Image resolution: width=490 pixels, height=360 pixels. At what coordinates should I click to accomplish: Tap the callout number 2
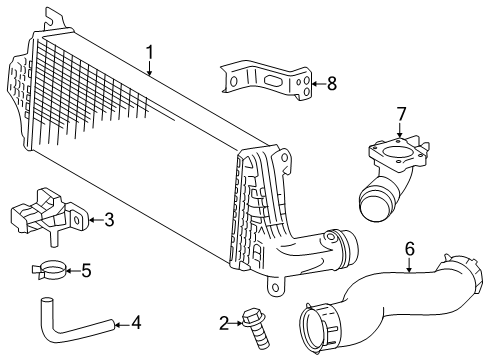(x=225, y=322)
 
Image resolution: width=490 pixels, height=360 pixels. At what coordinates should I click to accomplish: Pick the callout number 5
(x=85, y=269)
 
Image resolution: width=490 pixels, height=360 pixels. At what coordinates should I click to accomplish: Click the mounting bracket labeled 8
(x=261, y=80)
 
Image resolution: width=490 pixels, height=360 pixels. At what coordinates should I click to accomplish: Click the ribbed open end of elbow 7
(x=372, y=210)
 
